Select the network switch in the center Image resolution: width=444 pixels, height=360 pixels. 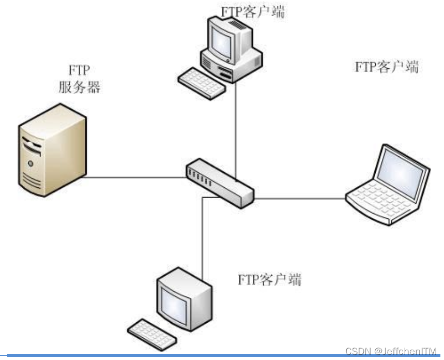coord(220,182)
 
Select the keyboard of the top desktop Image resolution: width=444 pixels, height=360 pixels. coord(202,83)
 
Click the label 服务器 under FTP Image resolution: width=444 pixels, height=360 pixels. coord(79,87)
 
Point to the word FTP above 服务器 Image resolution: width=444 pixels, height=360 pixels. coord(79,70)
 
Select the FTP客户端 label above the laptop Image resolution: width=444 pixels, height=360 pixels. coord(387,67)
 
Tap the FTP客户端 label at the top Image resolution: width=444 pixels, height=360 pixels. coord(253,11)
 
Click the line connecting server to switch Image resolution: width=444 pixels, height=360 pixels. coord(134,177)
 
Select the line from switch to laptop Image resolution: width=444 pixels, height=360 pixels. coord(300,197)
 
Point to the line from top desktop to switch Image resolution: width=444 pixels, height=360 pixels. coord(236,129)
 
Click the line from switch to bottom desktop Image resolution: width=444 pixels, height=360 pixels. coord(202,238)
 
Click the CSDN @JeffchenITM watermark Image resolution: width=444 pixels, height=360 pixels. coord(391,351)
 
